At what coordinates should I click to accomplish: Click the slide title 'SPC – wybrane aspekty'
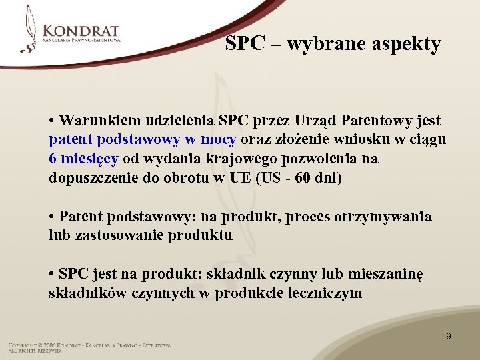point(333,44)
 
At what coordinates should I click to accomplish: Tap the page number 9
point(448,336)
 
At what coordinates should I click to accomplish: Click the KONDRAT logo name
point(81,31)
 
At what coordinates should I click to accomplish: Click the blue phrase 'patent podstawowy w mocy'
point(142,140)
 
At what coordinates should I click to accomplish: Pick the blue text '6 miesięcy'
point(83,159)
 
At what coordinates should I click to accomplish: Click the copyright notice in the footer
point(89,345)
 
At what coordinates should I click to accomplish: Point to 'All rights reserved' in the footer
point(35,351)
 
